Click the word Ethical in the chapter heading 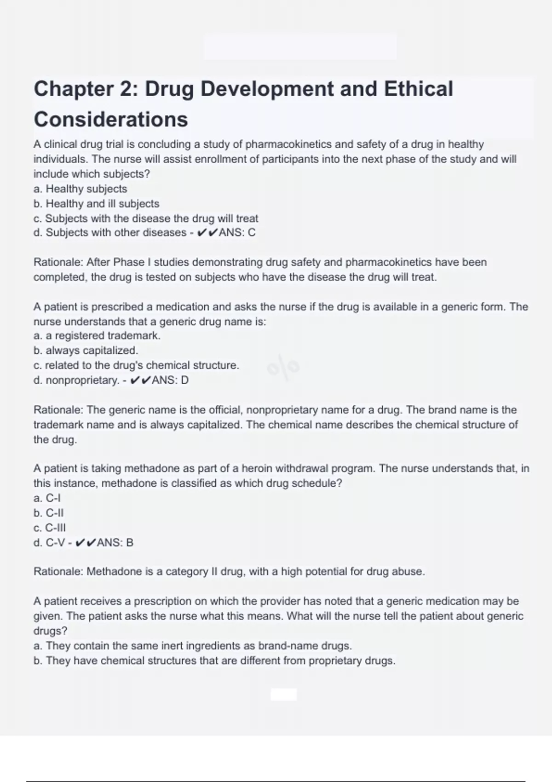click(x=418, y=89)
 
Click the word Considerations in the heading click(x=111, y=120)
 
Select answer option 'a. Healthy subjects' click(x=80, y=189)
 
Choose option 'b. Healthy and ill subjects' click(x=96, y=203)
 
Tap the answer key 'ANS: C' click(x=237, y=233)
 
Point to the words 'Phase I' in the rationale click(x=132, y=262)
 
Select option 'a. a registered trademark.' click(x=97, y=336)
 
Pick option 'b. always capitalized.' click(x=86, y=351)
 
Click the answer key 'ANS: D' click(x=170, y=380)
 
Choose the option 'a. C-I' click(x=47, y=498)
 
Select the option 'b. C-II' click(x=48, y=513)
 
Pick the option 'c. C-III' click(x=50, y=528)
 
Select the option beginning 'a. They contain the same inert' click(x=192, y=646)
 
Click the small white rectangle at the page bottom click(x=283, y=695)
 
